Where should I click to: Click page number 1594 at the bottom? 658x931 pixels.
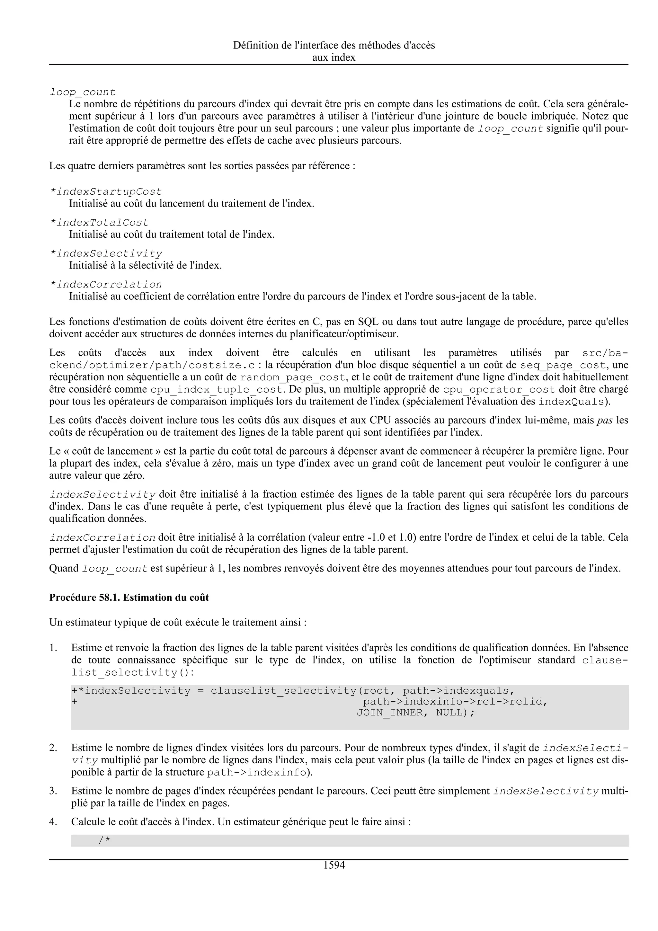pyautogui.click(x=334, y=865)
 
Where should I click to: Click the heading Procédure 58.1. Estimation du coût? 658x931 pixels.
pyautogui.click(x=129, y=597)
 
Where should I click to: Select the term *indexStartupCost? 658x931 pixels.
pyautogui.click(x=106, y=191)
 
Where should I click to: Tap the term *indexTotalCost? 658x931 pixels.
pyautogui.click(x=99, y=223)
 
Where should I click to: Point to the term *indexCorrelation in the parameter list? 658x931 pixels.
pyautogui.click(x=106, y=284)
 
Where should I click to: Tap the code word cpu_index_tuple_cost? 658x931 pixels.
pyautogui.click(x=216, y=390)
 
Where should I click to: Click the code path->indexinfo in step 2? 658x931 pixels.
pyautogui.click(x=256, y=772)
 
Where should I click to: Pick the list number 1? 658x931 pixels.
pyautogui.click(x=53, y=648)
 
